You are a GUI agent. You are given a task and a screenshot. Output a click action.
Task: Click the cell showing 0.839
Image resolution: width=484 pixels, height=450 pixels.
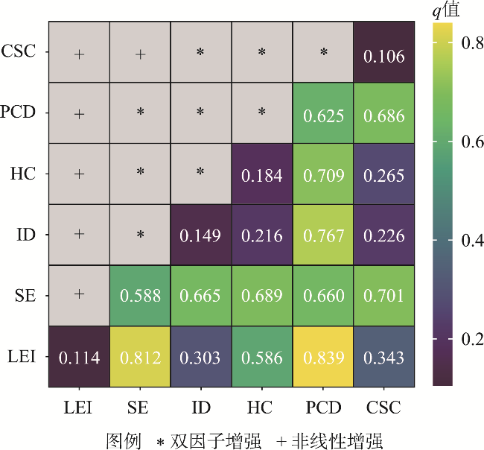coord(323,357)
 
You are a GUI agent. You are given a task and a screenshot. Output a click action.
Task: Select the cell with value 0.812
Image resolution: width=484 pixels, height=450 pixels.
coord(140,357)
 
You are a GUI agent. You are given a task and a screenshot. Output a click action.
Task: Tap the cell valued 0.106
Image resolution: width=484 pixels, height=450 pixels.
coord(384,56)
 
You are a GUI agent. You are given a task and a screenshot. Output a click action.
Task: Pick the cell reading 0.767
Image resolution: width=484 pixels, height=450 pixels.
coord(323,235)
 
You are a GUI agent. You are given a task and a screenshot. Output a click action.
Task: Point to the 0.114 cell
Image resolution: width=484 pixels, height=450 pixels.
coord(79,357)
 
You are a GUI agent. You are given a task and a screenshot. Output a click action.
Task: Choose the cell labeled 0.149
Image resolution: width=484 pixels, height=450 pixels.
coord(201,235)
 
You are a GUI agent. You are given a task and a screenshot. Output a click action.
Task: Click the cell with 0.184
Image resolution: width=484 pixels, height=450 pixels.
coord(262,175)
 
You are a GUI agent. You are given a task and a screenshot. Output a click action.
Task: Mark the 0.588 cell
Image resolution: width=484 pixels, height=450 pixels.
coord(140,296)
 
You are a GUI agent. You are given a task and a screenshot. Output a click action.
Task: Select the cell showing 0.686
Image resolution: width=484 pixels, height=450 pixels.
coord(384,115)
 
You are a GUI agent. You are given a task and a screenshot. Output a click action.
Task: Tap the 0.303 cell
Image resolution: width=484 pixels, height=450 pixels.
coord(201,357)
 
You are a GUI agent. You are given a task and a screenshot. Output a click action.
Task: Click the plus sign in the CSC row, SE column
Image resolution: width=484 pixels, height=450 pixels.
coord(140,53)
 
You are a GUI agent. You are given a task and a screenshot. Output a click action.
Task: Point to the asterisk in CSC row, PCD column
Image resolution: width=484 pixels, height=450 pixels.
coord(323,53)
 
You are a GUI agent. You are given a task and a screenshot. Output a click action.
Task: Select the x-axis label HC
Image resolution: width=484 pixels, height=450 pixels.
coord(262,408)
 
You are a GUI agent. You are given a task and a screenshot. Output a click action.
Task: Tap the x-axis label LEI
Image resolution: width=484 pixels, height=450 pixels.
coord(79,408)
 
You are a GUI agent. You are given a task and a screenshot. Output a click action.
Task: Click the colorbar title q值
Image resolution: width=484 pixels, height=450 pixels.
coord(447,10)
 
